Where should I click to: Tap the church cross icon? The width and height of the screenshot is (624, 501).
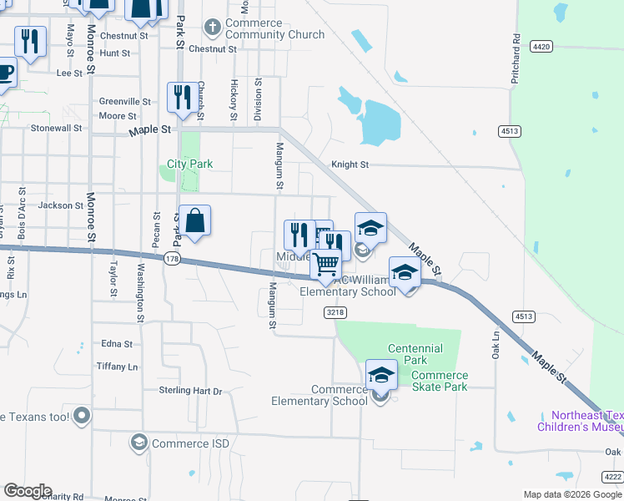pyautogui.click(x=212, y=28)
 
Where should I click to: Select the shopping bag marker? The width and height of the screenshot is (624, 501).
pyautogui.click(x=194, y=222)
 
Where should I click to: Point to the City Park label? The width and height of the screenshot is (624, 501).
pyautogui.click(x=190, y=164)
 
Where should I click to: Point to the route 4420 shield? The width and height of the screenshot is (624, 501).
pyautogui.click(x=540, y=47)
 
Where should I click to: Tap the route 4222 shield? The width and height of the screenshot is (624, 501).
pyautogui.click(x=612, y=477)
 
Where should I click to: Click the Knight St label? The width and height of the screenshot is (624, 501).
pyautogui.click(x=350, y=165)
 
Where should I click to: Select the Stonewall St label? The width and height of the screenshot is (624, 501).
pyautogui.click(x=56, y=129)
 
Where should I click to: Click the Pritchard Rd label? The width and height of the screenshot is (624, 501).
pyautogui.click(x=516, y=58)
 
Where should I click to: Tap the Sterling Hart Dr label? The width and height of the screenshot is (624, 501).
pyautogui.click(x=191, y=390)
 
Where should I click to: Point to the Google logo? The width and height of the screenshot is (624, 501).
pyautogui.click(x=28, y=491)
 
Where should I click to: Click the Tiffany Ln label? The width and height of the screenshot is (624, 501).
pyautogui.click(x=117, y=367)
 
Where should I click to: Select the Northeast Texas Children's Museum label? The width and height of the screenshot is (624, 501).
pyautogui.click(x=586, y=421)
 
